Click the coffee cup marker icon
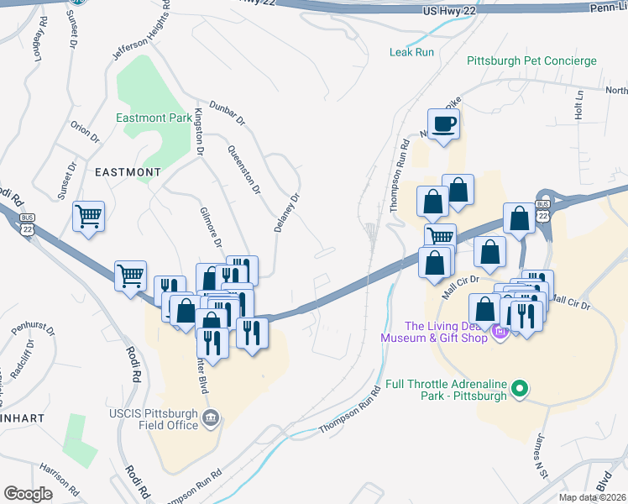[x=444, y=124]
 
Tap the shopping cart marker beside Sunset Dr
[x=88, y=217]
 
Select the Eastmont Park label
[x=154, y=118]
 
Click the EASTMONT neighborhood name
[x=128, y=171]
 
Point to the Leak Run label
[x=412, y=52]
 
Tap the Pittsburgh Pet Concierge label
[x=531, y=61]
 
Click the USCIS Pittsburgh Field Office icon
[x=211, y=417]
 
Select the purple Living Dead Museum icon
[x=501, y=332]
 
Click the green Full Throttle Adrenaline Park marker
[x=521, y=388]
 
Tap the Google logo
[x=28, y=494]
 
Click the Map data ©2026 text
[x=592, y=497]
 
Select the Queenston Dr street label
[x=243, y=169]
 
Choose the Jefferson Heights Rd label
[x=141, y=36]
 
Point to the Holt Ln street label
[x=578, y=105]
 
